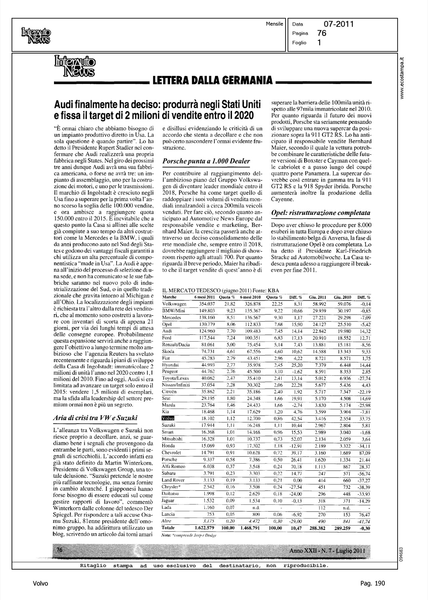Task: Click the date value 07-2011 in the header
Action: point(338,25)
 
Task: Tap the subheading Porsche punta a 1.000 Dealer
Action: point(205,161)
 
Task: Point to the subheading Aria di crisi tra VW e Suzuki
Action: point(95,418)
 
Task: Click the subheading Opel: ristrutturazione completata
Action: point(320,212)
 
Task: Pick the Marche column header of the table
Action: point(168,297)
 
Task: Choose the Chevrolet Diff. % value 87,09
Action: point(364,452)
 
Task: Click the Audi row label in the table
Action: point(166,331)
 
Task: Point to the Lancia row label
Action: point(168,514)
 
